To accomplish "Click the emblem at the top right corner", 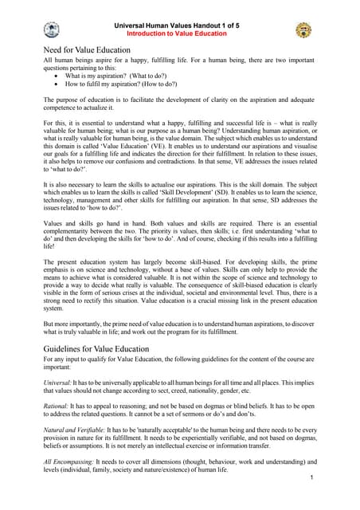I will pyautogui.click(x=303, y=29).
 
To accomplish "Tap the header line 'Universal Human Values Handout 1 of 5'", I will pyautogui.click(x=179, y=24).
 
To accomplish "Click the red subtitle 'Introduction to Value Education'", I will pyautogui.click(x=179, y=33).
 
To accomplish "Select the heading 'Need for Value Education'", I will pyautogui.click(x=87, y=50).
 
